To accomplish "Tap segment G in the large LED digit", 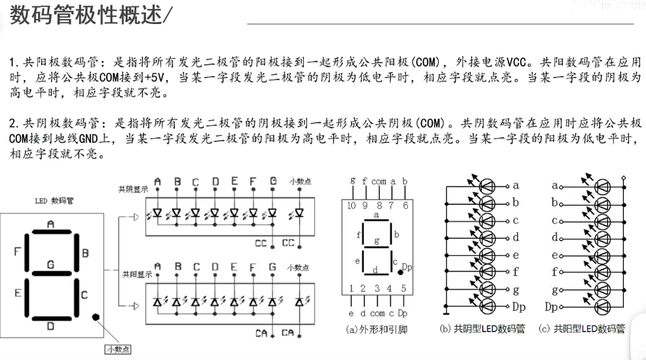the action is [x=51, y=273].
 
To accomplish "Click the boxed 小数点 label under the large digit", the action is [x=117, y=348].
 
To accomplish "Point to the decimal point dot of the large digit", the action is [x=95, y=317].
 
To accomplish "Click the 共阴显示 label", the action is [x=134, y=189].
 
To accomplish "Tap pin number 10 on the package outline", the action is [x=350, y=205].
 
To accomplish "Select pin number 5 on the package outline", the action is [x=404, y=289].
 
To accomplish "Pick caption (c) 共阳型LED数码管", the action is [x=581, y=329].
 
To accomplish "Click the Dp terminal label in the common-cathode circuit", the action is [x=519, y=307].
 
